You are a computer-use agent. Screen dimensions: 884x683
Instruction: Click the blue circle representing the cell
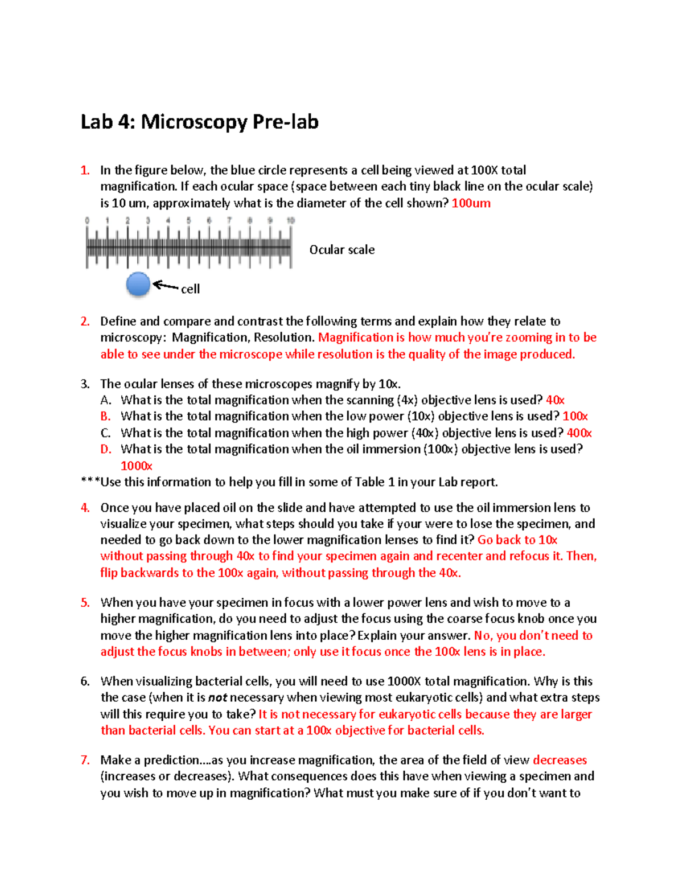(x=138, y=284)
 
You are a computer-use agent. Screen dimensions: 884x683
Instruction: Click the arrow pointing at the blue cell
(x=166, y=286)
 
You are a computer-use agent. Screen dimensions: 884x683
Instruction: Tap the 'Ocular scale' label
(x=341, y=250)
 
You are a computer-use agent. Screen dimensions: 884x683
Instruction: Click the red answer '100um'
(x=471, y=203)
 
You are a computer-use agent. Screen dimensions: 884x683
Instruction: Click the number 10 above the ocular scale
(x=290, y=220)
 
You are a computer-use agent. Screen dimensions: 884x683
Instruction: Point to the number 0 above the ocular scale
(x=87, y=220)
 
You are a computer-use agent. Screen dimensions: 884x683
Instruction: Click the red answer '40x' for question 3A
(x=555, y=400)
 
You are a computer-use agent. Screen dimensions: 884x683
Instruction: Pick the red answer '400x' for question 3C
(x=579, y=433)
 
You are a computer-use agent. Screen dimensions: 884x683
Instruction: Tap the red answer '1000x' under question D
(x=136, y=466)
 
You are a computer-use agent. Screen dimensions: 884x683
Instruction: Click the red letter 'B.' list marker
(x=105, y=417)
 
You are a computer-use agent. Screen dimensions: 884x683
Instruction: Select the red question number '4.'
(x=85, y=508)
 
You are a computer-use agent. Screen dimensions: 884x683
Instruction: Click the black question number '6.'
(x=85, y=681)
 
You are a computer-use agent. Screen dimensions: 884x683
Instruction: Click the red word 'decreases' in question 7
(x=559, y=760)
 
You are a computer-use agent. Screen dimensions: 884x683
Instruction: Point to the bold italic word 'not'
(x=217, y=698)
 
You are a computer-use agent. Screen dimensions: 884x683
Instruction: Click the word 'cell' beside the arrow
(x=190, y=289)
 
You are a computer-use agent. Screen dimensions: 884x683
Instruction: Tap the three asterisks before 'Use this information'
(x=90, y=482)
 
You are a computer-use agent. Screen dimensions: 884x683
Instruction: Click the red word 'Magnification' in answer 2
(x=356, y=338)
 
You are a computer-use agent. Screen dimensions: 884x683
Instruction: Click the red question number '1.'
(x=85, y=170)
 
